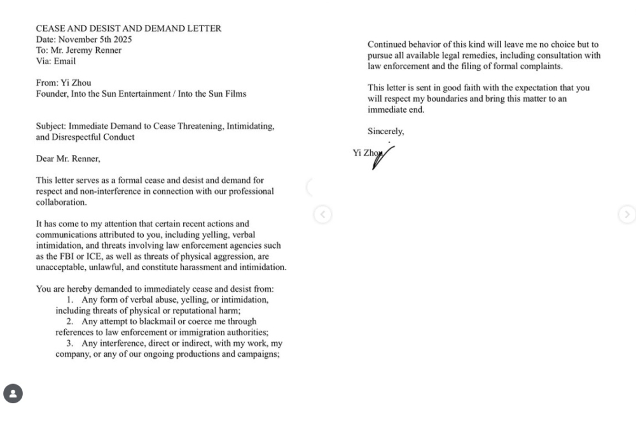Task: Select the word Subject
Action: (x=50, y=127)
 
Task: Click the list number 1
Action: (x=69, y=300)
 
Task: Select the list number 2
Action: (x=69, y=322)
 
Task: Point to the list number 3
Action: (x=69, y=343)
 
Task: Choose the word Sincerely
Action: (x=385, y=132)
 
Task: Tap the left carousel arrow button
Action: (x=322, y=215)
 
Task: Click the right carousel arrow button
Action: (x=626, y=215)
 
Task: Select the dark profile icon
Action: (x=13, y=394)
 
